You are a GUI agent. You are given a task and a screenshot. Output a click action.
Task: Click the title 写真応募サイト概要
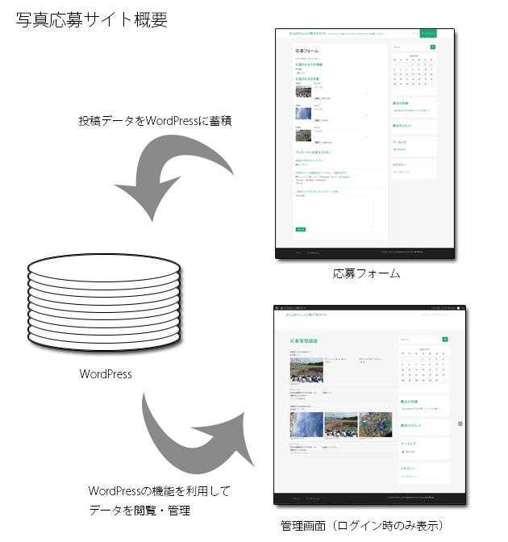click(x=92, y=19)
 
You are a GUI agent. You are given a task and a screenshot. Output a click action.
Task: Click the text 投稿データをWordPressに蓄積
click(x=155, y=121)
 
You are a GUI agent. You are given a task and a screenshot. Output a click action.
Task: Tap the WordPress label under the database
click(x=106, y=374)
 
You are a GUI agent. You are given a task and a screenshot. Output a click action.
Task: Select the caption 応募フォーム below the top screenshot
click(x=366, y=274)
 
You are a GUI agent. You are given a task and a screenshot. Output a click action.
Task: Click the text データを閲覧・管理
click(x=140, y=511)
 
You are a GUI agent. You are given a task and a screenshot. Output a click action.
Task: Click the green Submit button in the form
click(x=301, y=229)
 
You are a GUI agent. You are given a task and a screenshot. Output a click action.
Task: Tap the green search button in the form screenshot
click(x=433, y=48)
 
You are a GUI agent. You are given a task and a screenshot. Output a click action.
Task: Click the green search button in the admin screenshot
click(x=445, y=340)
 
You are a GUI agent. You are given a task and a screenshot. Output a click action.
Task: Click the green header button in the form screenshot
click(x=429, y=33)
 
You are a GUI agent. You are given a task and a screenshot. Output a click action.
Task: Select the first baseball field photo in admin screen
click(x=306, y=369)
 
